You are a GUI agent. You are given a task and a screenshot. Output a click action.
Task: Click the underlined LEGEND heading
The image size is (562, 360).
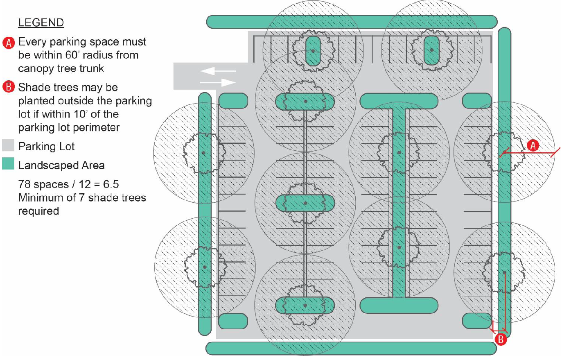pos(41,23)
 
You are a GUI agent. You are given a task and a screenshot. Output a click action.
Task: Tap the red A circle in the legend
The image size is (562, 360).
pos(9,43)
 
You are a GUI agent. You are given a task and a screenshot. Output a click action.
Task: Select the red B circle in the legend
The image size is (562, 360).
pos(9,87)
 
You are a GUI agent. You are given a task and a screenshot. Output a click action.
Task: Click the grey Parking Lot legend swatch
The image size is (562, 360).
pos(8,146)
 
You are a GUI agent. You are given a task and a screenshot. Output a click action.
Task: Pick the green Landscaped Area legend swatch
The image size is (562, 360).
pos(8,163)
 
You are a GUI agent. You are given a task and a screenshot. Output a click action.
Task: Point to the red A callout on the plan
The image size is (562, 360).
pos(533,146)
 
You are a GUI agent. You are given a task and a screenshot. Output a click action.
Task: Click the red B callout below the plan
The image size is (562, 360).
pos(501,340)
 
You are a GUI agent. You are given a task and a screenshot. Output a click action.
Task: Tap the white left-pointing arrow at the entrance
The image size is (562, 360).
pos(218,71)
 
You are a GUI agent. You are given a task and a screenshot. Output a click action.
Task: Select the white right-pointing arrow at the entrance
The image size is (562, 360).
pos(218,82)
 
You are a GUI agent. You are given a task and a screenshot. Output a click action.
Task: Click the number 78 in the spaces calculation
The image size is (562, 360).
pos(24,184)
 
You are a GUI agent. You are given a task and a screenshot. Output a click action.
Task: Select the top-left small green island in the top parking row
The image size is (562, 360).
pos(313,51)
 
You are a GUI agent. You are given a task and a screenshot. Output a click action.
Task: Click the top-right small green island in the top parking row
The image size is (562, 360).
pos(431,50)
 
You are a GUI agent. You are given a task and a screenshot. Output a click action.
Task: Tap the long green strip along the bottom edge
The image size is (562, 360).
pos(351,349)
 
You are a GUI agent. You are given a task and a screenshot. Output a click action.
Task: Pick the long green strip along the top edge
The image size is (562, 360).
pos(352,22)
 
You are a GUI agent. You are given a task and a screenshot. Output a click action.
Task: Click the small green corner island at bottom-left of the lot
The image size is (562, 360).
pos(233,321)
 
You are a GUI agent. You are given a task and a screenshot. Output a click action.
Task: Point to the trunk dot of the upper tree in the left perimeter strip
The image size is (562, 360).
pos(203,153)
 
